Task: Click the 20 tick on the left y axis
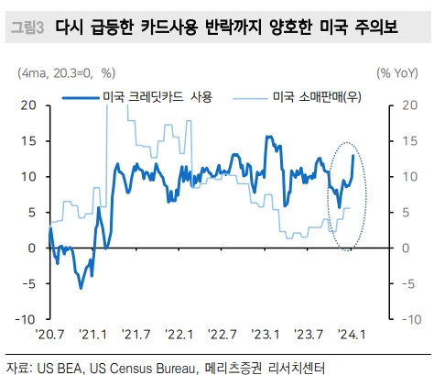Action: coord(28,105)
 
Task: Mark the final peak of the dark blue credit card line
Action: coord(353,156)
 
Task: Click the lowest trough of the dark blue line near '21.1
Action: coord(81,288)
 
